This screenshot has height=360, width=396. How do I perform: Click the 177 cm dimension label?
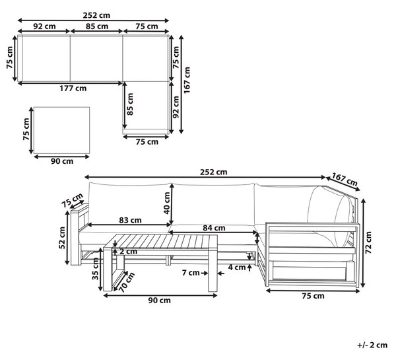[x=73, y=89]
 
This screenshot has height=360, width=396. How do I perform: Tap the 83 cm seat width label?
[x=130, y=221]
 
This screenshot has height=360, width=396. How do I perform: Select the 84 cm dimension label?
[x=214, y=228]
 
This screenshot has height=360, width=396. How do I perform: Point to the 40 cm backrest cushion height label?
[x=167, y=203]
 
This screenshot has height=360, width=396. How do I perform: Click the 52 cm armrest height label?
[x=62, y=238]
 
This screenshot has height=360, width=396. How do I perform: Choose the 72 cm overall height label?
[x=368, y=242]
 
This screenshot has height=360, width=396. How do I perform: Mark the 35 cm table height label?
[x=95, y=269]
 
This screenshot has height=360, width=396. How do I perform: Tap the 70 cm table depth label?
[x=127, y=283]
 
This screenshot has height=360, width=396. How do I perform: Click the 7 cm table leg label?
[x=191, y=273]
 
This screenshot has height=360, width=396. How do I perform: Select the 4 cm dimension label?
[x=237, y=268]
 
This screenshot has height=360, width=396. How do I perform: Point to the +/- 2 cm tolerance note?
[x=372, y=345]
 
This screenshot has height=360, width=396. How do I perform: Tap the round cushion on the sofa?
[x=343, y=221]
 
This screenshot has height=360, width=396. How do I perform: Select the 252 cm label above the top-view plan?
[x=97, y=15]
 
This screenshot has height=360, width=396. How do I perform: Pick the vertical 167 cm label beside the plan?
[x=187, y=81]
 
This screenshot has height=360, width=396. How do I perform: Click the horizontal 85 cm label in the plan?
[x=97, y=26]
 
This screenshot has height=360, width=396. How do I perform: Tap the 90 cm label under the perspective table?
[x=159, y=301]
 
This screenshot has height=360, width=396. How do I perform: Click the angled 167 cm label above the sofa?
[x=345, y=179]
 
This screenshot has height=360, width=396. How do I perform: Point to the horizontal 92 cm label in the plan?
[x=44, y=26]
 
